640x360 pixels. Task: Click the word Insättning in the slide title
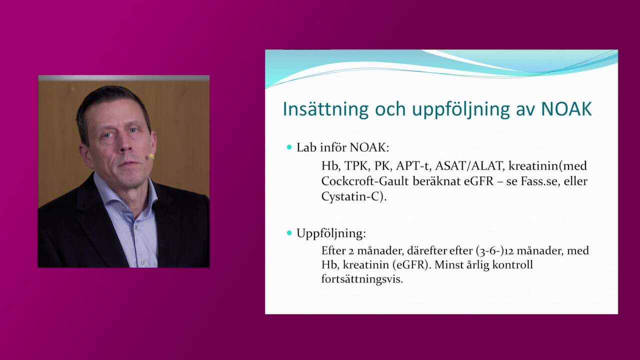click(325, 109)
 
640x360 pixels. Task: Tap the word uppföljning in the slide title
click(460, 109)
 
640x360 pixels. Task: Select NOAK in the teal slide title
click(566, 109)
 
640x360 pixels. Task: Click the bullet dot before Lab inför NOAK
click(289, 147)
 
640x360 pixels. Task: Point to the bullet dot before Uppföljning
click(289, 233)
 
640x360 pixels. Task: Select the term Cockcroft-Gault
click(365, 181)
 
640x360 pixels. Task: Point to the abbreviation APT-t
click(412, 166)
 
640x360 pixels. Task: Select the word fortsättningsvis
click(362, 279)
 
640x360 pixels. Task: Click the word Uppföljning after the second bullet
click(331, 233)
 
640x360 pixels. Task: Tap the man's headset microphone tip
click(151, 156)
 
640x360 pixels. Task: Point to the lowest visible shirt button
click(143, 262)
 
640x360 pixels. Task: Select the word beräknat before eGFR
click(436, 181)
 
